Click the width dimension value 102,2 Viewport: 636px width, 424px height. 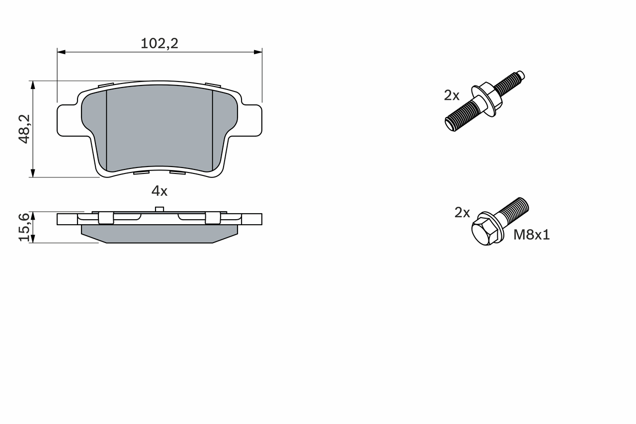(x=159, y=44)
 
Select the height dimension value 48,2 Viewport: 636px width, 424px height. (x=25, y=129)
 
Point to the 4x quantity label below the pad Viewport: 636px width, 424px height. (x=159, y=191)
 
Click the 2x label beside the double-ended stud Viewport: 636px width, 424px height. (x=452, y=95)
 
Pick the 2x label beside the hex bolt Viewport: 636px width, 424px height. (x=462, y=213)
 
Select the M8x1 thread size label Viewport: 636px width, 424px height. (x=531, y=235)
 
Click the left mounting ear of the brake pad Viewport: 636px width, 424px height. (x=68, y=120)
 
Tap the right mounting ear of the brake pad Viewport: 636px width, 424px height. (x=251, y=120)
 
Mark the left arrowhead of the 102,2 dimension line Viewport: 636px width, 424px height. (x=61, y=51)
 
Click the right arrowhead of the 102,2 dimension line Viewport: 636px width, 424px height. (x=258, y=51)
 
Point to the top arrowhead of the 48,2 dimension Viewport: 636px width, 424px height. (x=33, y=85)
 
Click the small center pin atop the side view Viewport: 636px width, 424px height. (x=159, y=209)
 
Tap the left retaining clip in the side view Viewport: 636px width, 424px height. (x=106, y=218)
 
